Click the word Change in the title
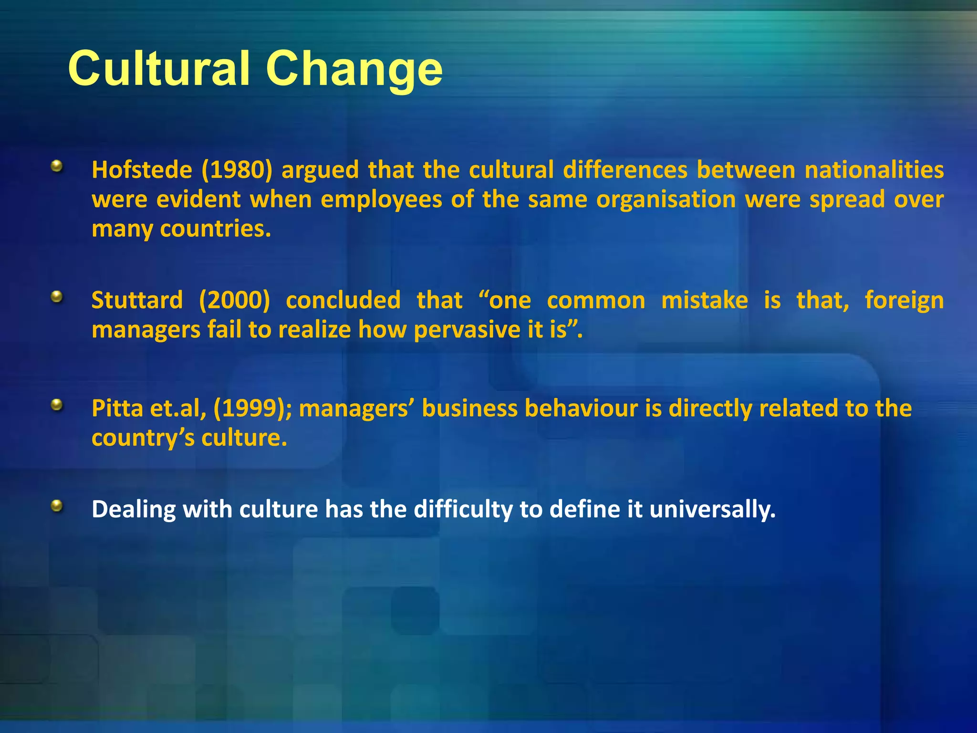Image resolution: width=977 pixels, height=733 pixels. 354,70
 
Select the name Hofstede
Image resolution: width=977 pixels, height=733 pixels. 142,170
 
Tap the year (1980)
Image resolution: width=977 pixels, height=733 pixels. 237,170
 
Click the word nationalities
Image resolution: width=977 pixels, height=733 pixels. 874,170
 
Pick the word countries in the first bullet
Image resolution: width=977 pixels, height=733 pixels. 215,229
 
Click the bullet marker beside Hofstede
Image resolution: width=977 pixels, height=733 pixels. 57,167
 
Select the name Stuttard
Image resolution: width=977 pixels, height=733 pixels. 137,300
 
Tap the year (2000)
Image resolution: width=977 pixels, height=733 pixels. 234,301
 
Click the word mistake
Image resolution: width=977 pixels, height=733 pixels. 704,301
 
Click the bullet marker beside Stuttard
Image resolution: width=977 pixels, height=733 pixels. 57,297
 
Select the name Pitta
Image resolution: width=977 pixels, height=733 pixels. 117,409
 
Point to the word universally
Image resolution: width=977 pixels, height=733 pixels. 712,510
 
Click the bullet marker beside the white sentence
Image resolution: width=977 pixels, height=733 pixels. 57,506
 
